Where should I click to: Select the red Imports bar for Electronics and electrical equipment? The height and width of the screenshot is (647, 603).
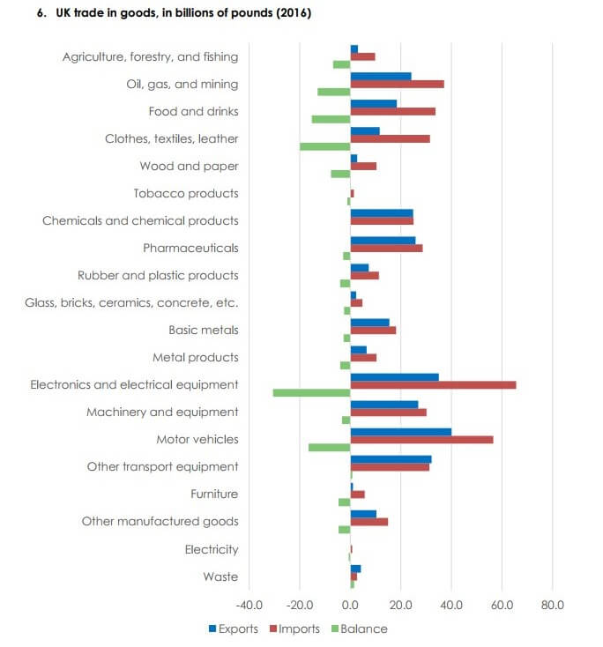pyautogui.click(x=433, y=384)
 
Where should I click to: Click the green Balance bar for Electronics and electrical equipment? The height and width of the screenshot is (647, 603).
pyautogui.click(x=311, y=392)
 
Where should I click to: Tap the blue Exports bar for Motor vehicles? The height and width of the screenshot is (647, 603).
pyautogui.click(x=400, y=431)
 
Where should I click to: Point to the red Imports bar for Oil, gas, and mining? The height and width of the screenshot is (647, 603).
pyautogui.click(x=397, y=84)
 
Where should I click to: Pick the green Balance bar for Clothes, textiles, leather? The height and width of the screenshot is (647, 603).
pyautogui.click(x=324, y=146)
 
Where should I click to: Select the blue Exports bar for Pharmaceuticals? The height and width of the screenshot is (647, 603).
pyautogui.click(x=383, y=240)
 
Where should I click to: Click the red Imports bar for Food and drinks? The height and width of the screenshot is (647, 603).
pyautogui.click(x=392, y=111)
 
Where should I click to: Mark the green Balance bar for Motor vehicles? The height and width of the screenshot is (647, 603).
pyautogui.click(x=329, y=447)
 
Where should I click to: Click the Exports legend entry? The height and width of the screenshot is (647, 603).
pyautogui.click(x=233, y=628)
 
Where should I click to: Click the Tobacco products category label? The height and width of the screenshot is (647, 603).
pyautogui.click(x=185, y=193)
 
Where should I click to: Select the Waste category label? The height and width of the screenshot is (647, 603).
pyautogui.click(x=220, y=576)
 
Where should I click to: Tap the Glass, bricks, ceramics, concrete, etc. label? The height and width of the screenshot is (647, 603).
pyautogui.click(x=130, y=302)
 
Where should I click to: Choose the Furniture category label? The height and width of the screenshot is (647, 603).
pyautogui.click(x=214, y=494)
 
